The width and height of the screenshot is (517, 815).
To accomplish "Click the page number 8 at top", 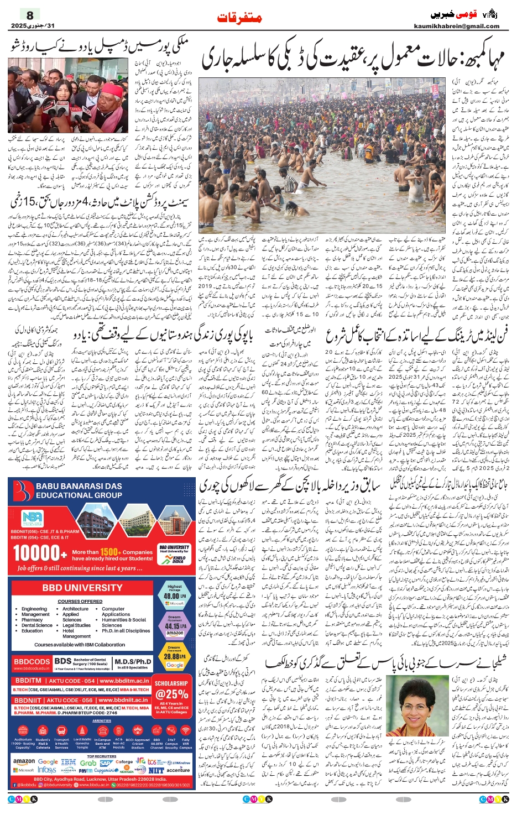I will click(x=30, y=15).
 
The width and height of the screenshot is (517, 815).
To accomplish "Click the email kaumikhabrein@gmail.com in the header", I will click(x=456, y=26).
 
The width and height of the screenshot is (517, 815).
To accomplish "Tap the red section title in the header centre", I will click(x=239, y=17).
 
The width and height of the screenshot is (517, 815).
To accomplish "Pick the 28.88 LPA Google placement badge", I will click(x=174, y=657).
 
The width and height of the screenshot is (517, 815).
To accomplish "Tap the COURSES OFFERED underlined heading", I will click(x=80, y=601).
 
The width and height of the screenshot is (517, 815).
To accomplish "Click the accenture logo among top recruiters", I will click(x=178, y=770).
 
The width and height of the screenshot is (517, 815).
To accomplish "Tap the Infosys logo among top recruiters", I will click(x=47, y=770).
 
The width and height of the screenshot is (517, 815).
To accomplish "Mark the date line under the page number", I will click(x=33, y=26).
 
